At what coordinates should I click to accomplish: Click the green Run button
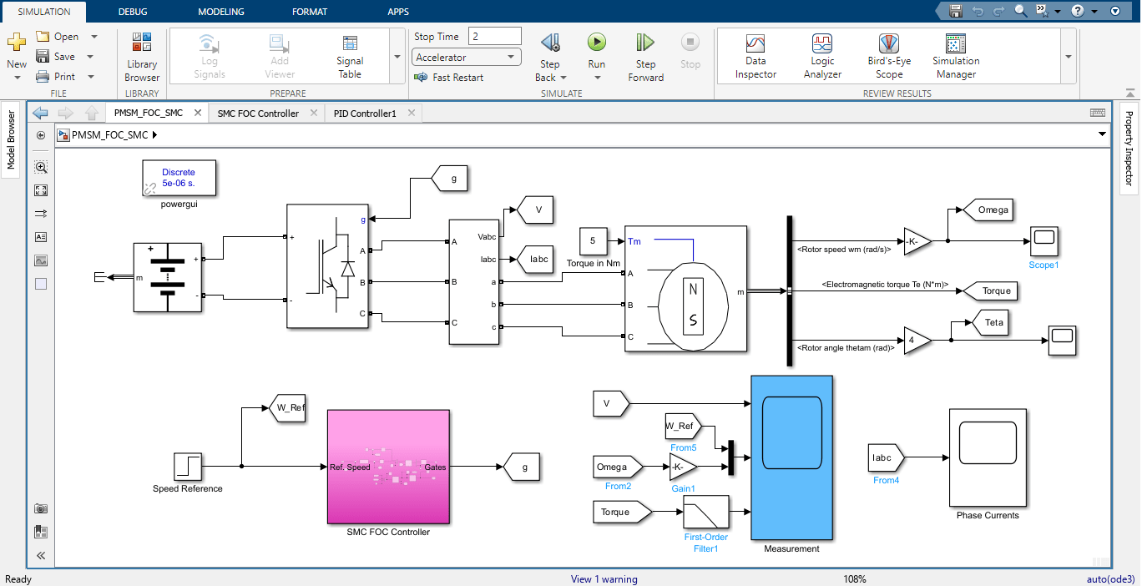(596, 43)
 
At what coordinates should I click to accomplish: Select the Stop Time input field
(495, 37)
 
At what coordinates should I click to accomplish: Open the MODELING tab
(221, 12)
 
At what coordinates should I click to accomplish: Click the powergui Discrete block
(179, 177)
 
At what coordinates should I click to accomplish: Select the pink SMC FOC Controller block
(388, 467)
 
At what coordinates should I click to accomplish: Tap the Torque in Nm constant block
(593, 241)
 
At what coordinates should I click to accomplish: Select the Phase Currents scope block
(988, 457)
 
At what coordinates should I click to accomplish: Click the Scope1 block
(1044, 241)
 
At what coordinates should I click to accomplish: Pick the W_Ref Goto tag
(285, 408)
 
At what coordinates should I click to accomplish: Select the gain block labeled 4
(916, 341)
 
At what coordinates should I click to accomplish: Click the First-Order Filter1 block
(705, 512)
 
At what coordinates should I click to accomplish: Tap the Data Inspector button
(755, 57)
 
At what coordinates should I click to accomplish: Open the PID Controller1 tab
(365, 114)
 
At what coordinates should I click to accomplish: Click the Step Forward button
(645, 57)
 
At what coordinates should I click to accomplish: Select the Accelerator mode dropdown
(467, 58)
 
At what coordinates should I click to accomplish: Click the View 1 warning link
(604, 579)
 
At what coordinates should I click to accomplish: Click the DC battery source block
(168, 277)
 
